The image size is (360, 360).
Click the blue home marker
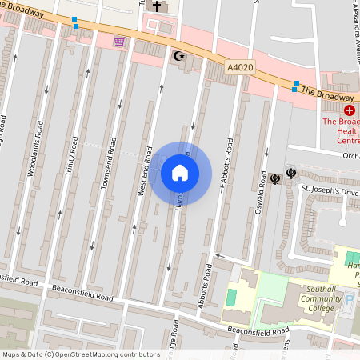click(x=180, y=172)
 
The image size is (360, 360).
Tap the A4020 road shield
click(x=239, y=69)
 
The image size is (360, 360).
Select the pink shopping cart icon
click(x=119, y=42)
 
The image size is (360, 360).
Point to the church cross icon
click(x=157, y=6)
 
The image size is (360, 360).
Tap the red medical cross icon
click(x=349, y=109)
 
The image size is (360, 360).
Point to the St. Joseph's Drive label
click(x=329, y=188)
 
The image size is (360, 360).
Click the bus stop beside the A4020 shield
click(x=295, y=85)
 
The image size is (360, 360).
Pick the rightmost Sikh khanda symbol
click(x=290, y=178)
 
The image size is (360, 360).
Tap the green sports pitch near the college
click(x=231, y=297)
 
